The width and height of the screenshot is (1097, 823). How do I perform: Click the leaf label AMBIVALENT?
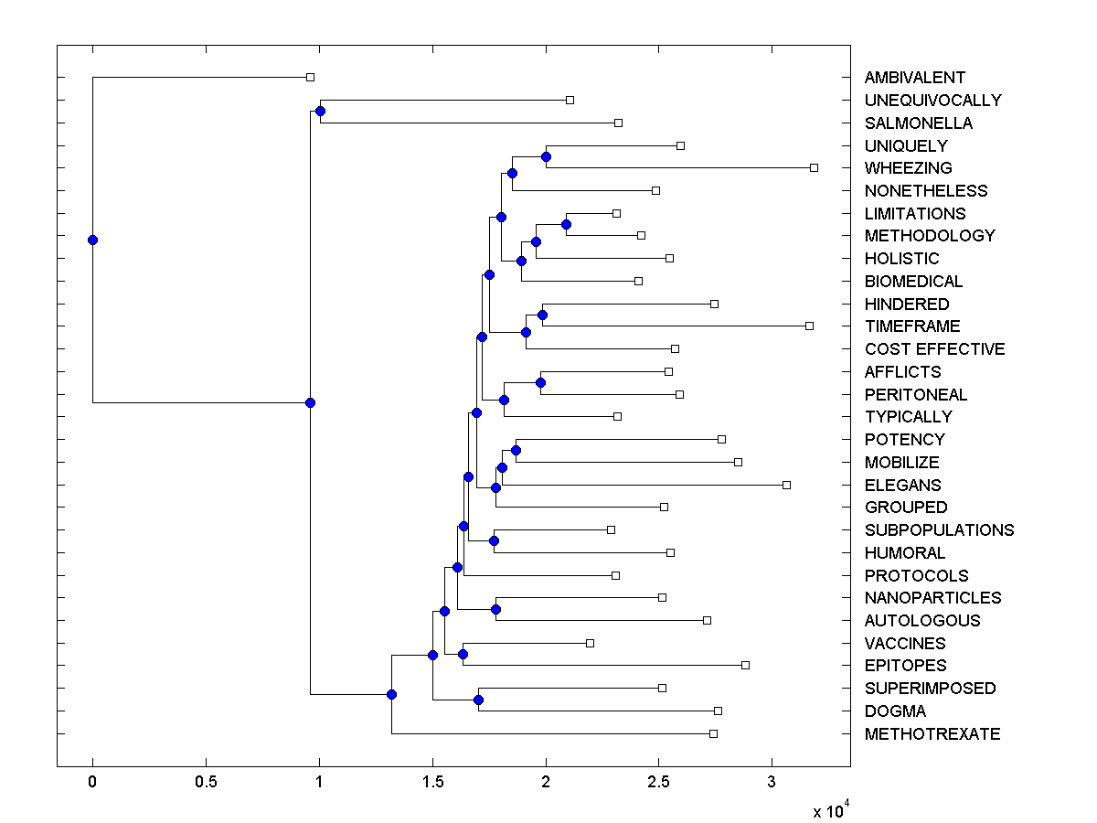coord(914,78)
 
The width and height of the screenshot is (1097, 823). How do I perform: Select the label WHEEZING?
coord(908,168)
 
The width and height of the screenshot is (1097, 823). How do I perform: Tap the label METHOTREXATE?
coord(932,734)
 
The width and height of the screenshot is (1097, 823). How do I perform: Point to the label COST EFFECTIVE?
coord(934,349)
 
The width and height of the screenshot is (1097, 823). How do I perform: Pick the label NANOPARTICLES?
coord(932,598)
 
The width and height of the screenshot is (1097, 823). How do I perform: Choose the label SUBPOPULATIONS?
coord(939,530)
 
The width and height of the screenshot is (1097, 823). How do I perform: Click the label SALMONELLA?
coord(918,123)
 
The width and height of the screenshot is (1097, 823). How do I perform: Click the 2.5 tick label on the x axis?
coord(659,783)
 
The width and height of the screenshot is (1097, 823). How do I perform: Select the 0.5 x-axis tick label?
coord(206,783)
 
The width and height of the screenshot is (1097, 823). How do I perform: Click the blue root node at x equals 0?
coord(92,240)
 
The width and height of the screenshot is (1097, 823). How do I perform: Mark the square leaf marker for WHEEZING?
coord(814,167)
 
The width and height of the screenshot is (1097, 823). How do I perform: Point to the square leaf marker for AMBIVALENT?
coord(310,78)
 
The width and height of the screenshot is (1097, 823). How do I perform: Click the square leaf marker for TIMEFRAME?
coord(809,326)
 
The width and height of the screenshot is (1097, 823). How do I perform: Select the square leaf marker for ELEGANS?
coord(786,485)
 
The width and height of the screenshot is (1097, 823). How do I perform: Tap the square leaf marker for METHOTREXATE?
coord(713,733)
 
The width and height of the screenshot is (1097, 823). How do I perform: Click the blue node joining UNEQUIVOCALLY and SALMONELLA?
coord(320,112)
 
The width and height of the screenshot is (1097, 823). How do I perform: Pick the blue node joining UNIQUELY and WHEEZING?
coord(546,156)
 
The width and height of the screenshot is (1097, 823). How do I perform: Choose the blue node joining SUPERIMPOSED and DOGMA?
coord(478,700)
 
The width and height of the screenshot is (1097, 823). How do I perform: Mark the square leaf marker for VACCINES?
coord(590,643)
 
